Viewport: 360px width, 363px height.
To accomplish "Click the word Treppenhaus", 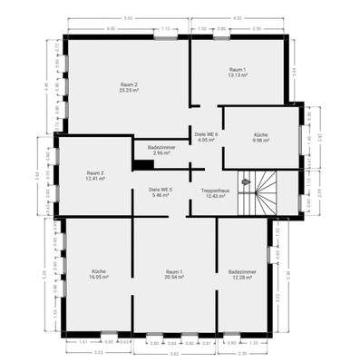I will [214, 190].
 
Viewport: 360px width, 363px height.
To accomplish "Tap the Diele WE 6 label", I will [207, 134].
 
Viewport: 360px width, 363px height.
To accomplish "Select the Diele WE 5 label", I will [161, 190].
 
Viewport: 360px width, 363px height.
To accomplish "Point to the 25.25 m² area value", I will [127, 91].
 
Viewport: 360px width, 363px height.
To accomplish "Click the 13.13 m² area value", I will [238, 75].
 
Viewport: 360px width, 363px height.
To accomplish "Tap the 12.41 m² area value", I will [95, 178].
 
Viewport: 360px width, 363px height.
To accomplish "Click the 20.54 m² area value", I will [174, 277].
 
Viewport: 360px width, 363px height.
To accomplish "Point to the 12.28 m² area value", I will [240, 277].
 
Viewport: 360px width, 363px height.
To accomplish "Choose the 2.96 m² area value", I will [163, 152].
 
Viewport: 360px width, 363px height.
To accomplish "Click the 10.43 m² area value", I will [214, 196].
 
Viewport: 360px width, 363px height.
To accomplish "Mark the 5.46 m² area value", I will [161, 196].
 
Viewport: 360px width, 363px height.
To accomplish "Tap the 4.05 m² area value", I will [207, 141].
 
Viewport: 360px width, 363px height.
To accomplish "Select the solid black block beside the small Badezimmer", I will [143, 165].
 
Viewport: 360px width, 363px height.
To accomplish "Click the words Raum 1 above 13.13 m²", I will [238, 69].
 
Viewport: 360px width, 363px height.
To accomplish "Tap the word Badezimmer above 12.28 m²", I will [240, 270].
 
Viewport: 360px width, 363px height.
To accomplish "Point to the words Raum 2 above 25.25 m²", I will [127, 84].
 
